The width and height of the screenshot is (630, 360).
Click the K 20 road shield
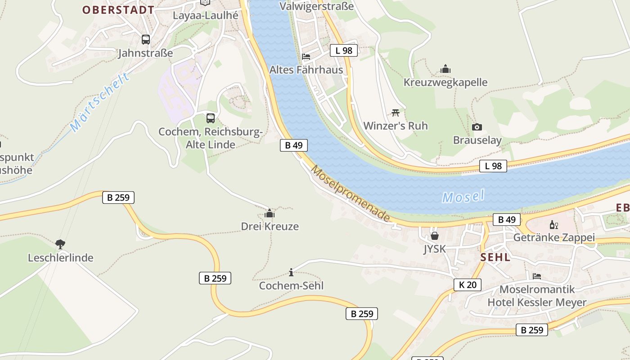coord(468,285)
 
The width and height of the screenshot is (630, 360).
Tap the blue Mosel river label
coord(463,197)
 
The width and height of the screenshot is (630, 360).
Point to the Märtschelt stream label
coord(100,102)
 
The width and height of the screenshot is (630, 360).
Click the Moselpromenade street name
coord(351,193)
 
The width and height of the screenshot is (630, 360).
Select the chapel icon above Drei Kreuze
coord(270,213)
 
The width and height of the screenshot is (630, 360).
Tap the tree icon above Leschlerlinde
coord(60,244)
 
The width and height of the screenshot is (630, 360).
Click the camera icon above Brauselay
coord(477,127)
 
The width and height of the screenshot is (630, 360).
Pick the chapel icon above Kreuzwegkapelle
coord(445,69)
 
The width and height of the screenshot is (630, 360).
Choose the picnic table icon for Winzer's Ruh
coord(396,112)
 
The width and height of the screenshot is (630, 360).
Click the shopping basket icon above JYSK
coord(435,235)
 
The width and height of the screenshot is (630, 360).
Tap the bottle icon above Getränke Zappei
coord(553,225)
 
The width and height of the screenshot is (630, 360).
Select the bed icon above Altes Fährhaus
coord(306,57)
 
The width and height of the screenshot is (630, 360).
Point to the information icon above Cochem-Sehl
coord(291,272)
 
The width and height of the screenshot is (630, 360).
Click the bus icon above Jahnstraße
coord(145,40)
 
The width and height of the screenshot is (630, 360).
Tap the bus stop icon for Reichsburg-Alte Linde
coord(210,118)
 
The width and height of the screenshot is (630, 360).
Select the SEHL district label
coord(495,257)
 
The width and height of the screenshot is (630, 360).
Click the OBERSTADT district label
coord(118,10)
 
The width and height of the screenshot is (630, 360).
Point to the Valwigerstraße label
coord(316,6)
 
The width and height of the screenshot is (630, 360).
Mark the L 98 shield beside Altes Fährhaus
coord(344,50)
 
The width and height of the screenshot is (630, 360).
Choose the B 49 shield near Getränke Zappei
coord(507,220)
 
